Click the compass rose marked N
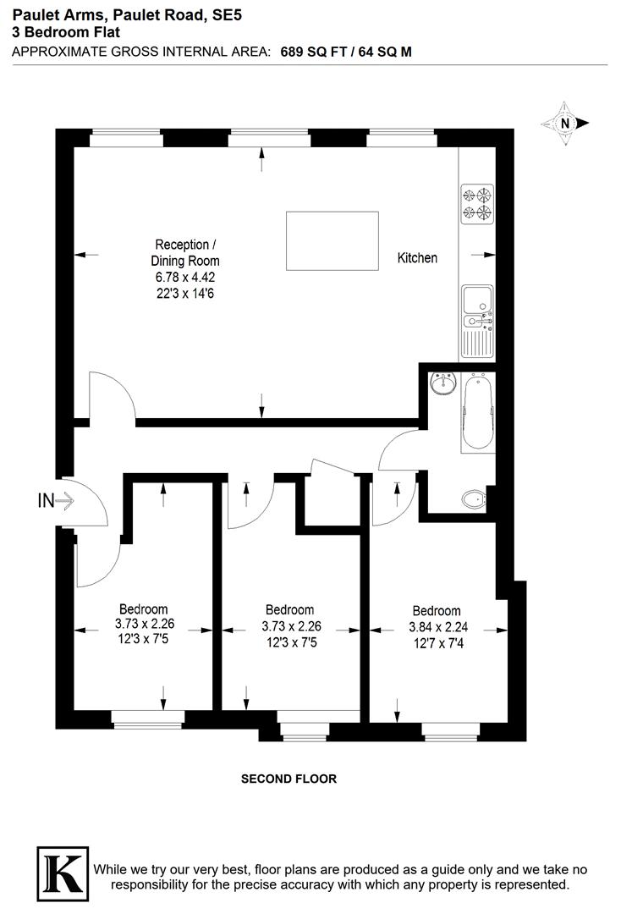click(x=564, y=124)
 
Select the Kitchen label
click(x=418, y=257)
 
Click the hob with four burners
click(x=476, y=203)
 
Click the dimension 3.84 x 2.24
click(x=437, y=627)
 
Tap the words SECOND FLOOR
click(x=289, y=779)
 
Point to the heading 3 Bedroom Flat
click(x=66, y=32)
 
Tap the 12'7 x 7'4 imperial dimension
click(x=437, y=643)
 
